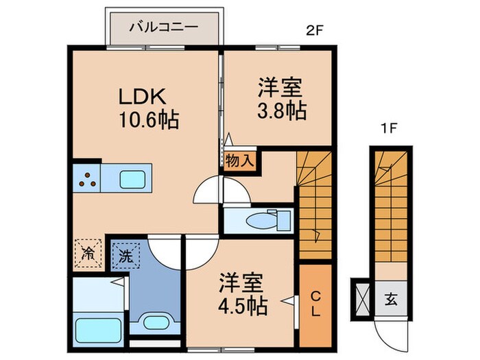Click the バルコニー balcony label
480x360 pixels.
[x=164, y=29]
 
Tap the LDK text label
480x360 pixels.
[x=147, y=95]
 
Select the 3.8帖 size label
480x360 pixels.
[x=282, y=111]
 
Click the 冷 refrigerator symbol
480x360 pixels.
[x=88, y=251]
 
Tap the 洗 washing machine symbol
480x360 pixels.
[x=124, y=255]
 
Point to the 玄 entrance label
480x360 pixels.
[x=390, y=299]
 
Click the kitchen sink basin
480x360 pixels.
[x=133, y=179]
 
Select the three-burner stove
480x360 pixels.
[x=86, y=179]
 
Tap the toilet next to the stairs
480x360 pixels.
[x=263, y=221]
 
